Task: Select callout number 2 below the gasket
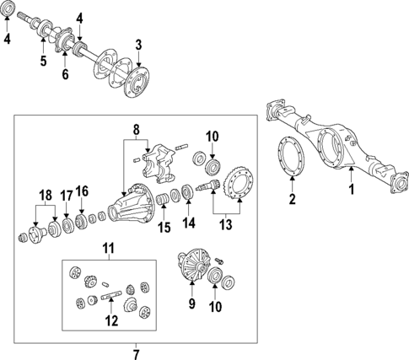pos(292,200)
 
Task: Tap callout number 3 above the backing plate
pos(138,44)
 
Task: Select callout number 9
pos(191,303)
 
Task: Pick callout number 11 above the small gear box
pos(107,247)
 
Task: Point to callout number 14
pos(188,223)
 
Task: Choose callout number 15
pos(164,227)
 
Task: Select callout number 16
pos(82,191)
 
